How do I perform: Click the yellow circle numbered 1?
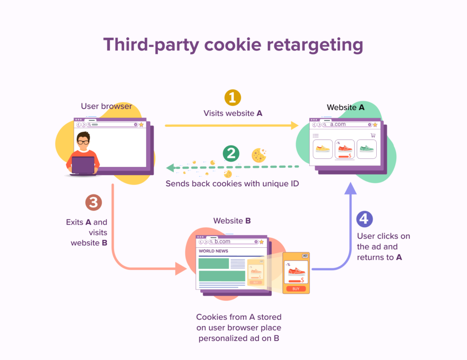(x=233, y=98)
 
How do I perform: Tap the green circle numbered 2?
(x=231, y=153)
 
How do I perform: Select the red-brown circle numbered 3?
(x=93, y=202)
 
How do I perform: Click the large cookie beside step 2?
(x=259, y=155)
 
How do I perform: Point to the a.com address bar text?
(x=338, y=124)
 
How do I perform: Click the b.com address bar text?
(x=223, y=241)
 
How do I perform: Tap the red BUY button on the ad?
(x=296, y=289)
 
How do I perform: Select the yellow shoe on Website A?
(x=322, y=149)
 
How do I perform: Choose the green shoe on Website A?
(x=366, y=149)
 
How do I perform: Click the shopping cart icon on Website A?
(x=373, y=135)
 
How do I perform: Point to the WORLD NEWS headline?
(x=213, y=251)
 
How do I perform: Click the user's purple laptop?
(x=83, y=165)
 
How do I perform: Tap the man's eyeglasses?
(x=83, y=142)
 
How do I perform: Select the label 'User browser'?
(x=106, y=106)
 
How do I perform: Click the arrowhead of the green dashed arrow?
(x=170, y=168)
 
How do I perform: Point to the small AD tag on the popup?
(x=305, y=256)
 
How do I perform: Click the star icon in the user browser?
(x=141, y=125)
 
